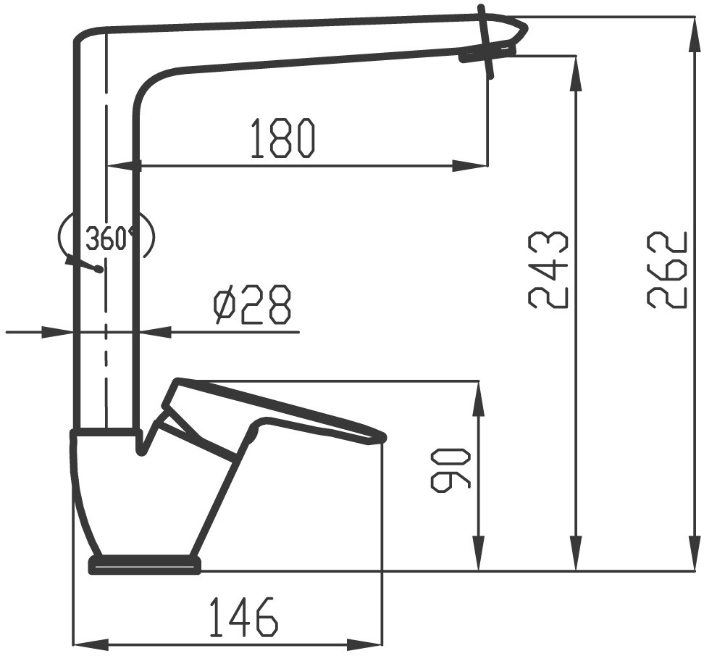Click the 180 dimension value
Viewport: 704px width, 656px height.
pos(282,138)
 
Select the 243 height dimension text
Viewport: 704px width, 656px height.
pos(548,270)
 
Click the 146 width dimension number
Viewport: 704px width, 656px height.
pos(243,618)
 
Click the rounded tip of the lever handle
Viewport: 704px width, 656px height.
pos(380,436)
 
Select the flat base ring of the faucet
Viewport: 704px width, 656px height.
pos(144,564)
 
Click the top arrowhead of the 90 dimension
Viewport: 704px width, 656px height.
pos(478,395)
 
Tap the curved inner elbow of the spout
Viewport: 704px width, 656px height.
pos(149,83)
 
